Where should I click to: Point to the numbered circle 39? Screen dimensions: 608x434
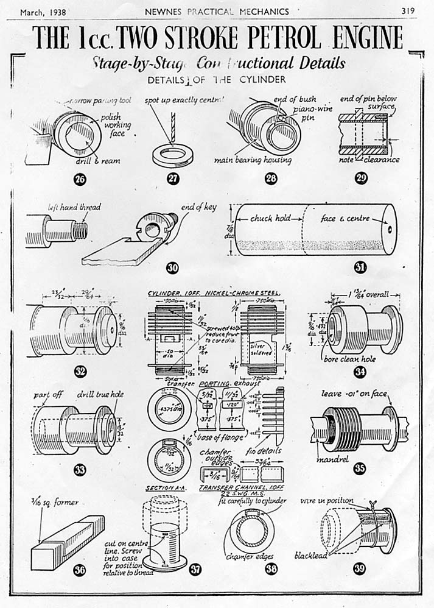pyautogui.click(x=360, y=569)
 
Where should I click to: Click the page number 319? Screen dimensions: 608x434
pyautogui.click(x=408, y=11)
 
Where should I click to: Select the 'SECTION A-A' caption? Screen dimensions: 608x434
pyautogui.click(x=166, y=489)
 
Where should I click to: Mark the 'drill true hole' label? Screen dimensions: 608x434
pyautogui.click(x=102, y=394)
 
